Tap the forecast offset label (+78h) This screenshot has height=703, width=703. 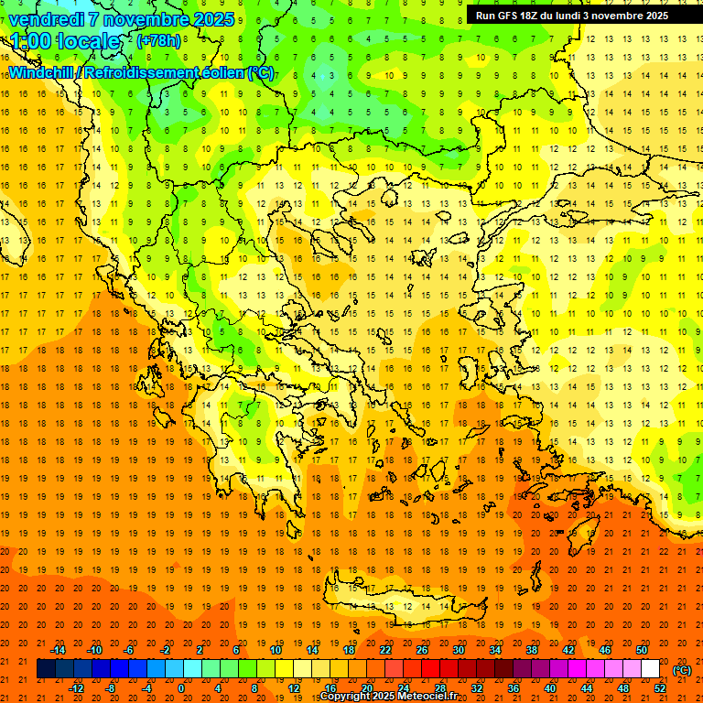158,40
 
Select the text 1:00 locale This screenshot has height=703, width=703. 65,41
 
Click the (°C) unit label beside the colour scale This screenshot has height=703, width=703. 682,670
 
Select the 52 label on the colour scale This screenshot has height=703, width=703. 660,688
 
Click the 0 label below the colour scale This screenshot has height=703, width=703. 181,688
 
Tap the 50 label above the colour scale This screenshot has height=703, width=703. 642,649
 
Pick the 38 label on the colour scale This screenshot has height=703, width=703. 532,649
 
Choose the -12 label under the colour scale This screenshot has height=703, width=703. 76,688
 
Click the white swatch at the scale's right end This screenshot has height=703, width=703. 651,669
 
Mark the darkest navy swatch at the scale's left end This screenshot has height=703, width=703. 46,669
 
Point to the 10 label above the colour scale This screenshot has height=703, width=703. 276,649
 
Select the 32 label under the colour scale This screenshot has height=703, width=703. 477,688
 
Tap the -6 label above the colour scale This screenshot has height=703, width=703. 129,649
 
